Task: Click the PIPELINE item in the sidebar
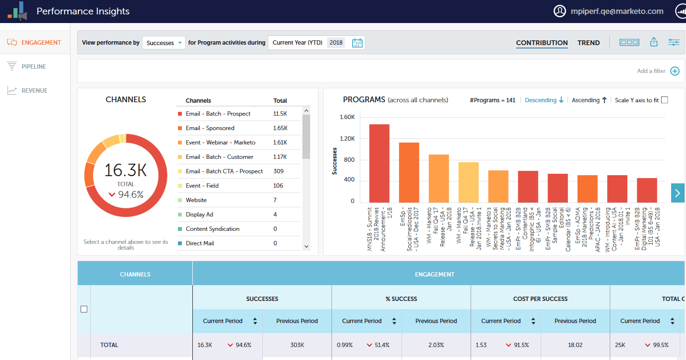[34, 67]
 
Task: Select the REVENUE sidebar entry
[34, 91]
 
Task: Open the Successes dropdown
[164, 43]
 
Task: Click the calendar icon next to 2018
[357, 43]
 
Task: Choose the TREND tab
[588, 43]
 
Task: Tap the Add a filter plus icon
[674, 71]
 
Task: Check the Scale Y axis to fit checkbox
[664, 100]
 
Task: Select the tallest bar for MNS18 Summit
[379, 163]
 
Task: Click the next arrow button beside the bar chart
[677, 193]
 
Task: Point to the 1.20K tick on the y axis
[347, 139]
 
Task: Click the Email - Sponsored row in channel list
[210, 128]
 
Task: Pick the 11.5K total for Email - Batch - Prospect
[280, 114]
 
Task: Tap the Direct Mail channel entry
[200, 243]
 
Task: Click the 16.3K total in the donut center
[126, 170]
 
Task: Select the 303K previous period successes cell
[297, 345]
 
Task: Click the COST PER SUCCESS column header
[540, 299]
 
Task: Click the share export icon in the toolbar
[653, 42]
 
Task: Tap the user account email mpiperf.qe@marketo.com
[617, 11]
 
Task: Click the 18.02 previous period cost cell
[575, 345]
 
